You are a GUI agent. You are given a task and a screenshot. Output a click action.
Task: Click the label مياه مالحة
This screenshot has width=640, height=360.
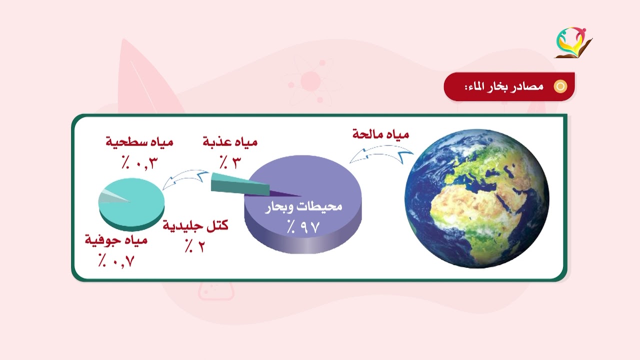coord(381,134)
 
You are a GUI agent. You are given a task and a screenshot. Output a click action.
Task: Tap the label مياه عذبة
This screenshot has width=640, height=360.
coord(230,142)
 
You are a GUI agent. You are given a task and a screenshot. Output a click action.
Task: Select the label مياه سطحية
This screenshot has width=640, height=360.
coord(139,142)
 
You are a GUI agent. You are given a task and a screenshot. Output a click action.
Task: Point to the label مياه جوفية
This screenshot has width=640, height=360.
coord(116,240)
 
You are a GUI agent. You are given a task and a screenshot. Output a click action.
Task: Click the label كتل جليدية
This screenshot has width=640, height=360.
coord(195,225)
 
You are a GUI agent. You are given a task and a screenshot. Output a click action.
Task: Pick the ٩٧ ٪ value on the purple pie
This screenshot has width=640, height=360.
coord(302,226)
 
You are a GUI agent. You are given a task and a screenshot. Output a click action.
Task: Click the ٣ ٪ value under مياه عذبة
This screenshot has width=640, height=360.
coord(230,161)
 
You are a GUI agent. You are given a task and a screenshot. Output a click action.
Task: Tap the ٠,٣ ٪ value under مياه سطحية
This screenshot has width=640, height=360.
coord(139,161)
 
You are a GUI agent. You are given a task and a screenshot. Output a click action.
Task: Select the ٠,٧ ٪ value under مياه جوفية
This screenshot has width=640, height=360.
coord(116,260)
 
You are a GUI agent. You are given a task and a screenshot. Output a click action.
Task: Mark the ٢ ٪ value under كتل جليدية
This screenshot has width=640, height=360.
coord(194,245)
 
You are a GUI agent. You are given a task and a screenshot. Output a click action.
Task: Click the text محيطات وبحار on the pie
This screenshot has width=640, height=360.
coord(303,206)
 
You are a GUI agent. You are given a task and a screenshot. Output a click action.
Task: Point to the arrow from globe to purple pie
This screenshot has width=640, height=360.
coord(381,154)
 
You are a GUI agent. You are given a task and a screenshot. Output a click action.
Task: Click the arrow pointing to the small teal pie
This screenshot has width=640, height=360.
coord(186,178)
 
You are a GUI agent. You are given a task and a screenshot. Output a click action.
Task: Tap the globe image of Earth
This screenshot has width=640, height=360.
coord(476,198)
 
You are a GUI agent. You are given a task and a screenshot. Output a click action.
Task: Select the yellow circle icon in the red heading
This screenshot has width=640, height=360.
coord(560,86)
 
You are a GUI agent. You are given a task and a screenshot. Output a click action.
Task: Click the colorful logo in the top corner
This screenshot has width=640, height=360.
coord(573,42)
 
